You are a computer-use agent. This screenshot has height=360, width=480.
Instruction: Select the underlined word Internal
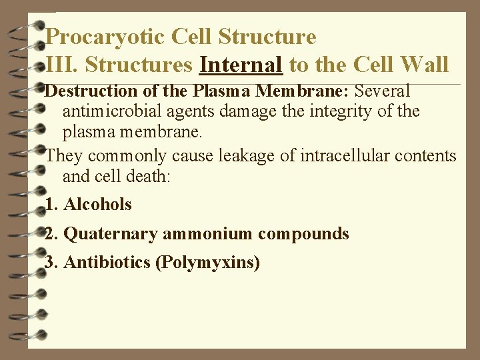pyautogui.click(x=242, y=65)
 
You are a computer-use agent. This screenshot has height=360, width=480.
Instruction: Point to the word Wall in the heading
pyautogui.click(x=425, y=65)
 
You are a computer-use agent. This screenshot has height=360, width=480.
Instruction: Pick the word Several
pyautogui.click(x=383, y=90)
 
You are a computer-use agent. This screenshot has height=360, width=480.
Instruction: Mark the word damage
pyautogui.click(x=251, y=111)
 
